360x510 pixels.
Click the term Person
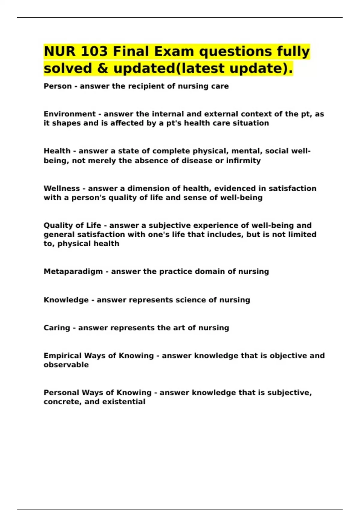point(58,86)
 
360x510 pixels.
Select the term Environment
point(70,114)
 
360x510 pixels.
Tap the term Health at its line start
point(57,151)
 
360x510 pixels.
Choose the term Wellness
point(62,188)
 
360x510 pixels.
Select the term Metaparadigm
point(73,271)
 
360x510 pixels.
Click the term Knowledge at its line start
point(66,300)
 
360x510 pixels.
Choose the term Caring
point(57,328)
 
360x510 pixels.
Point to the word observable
point(66,365)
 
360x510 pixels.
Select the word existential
point(124,402)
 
